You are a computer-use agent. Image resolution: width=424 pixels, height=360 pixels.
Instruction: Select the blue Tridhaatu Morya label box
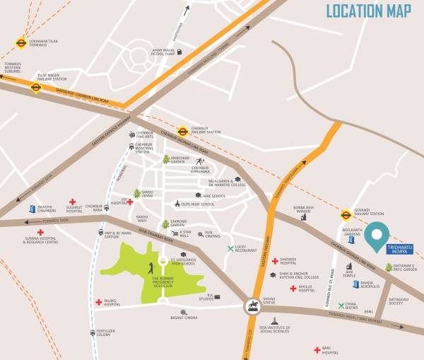(399, 248)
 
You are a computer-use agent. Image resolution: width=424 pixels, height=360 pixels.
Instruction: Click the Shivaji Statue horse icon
(253, 306)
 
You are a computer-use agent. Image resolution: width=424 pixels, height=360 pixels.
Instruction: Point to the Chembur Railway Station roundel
(182, 131)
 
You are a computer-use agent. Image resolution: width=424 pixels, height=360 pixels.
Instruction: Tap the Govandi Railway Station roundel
(346, 214)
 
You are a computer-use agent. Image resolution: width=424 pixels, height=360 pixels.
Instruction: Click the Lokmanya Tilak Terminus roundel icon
(21, 43)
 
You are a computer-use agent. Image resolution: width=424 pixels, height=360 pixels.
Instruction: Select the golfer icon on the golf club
(150, 267)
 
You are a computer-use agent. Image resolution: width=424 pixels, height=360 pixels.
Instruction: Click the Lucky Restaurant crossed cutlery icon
(230, 248)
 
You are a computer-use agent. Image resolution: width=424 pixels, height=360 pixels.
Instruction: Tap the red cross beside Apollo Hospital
(293, 289)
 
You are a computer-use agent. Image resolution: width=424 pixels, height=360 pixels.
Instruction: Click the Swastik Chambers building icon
(33, 209)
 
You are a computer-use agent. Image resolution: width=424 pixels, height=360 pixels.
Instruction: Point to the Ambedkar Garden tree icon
(166, 159)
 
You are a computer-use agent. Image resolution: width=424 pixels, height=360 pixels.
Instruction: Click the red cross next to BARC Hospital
(317, 349)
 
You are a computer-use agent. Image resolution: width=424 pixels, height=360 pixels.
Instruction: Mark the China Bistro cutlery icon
(341, 306)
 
